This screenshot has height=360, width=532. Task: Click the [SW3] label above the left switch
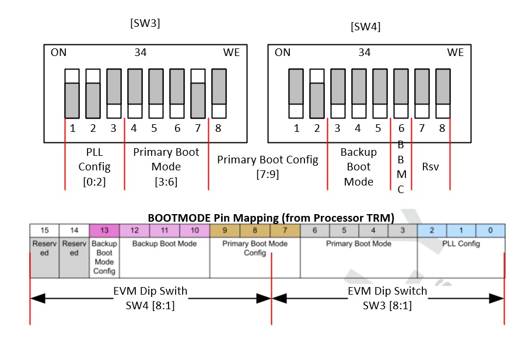(x=145, y=24)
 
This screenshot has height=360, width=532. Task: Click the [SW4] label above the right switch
(x=366, y=27)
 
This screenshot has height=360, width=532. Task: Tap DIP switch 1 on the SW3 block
(x=72, y=93)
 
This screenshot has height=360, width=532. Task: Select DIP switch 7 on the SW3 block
(x=198, y=93)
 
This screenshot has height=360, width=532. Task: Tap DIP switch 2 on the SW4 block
(x=317, y=93)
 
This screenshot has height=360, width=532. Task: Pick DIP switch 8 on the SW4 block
(x=443, y=93)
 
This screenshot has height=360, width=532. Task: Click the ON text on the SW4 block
(x=282, y=53)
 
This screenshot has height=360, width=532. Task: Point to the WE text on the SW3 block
(x=232, y=53)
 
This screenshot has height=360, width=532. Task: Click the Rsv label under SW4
(x=430, y=167)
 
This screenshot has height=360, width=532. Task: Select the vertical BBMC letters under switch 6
(x=401, y=166)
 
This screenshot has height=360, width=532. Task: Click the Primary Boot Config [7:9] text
(x=268, y=166)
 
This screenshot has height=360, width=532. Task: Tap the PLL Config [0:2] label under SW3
(x=94, y=167)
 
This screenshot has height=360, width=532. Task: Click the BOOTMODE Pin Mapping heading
(x=271, y=218)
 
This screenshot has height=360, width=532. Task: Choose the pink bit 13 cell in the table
(x=104, y=230)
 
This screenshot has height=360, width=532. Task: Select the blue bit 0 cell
(x=490, y=230)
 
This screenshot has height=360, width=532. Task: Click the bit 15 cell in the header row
(x=44, y=230)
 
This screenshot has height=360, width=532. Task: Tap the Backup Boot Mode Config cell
(x=104, y=257)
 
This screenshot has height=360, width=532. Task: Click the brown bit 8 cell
(x=255, y=230)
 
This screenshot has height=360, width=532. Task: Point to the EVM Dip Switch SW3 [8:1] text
(x=387, y=298)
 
